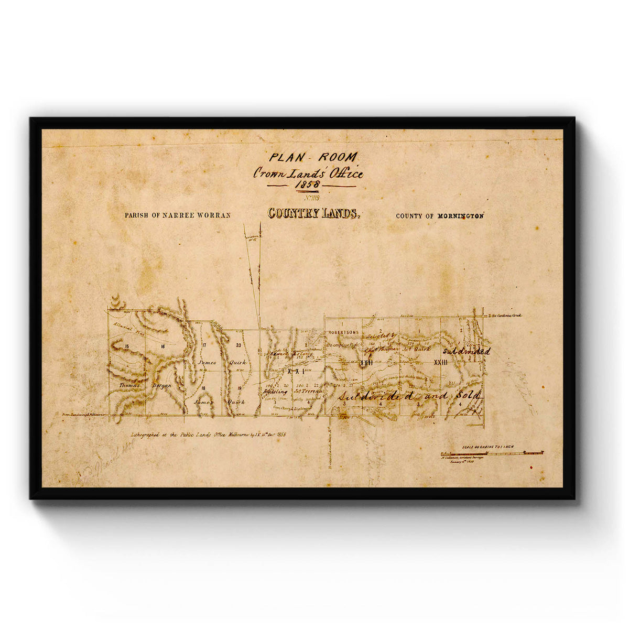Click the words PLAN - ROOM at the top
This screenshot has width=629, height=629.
(x=313, y=157)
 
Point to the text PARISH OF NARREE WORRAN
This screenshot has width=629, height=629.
(x=177, y=215)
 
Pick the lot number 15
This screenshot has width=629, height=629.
(x=127, y=346)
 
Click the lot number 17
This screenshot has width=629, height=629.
(x=203, y=345)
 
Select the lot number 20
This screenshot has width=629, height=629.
(x=238, y=345)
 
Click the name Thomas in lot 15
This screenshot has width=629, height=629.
(x=129, y=384)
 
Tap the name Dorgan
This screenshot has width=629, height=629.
(x=161, y=385)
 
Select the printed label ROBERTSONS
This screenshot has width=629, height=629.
(x=344, y=332)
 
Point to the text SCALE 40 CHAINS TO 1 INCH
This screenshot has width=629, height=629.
(x=487, y=447)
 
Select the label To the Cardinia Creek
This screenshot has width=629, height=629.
(x=505, y=316)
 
